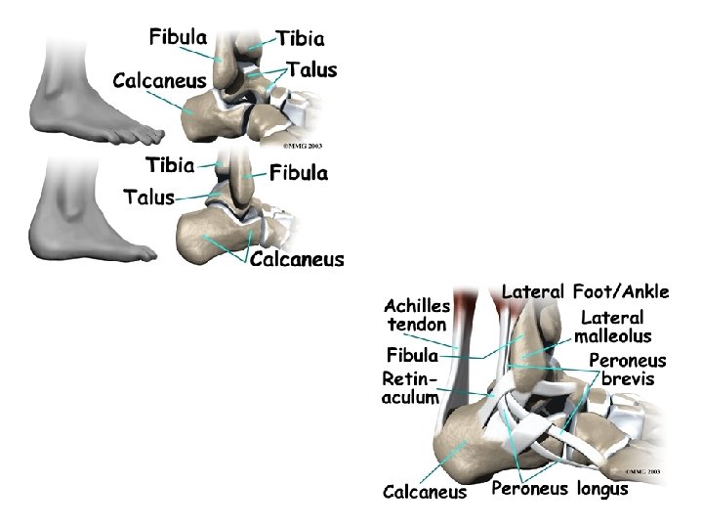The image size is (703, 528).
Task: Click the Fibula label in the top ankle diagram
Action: (x=178, y=38)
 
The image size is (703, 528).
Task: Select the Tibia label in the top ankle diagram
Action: (x=300, y=39)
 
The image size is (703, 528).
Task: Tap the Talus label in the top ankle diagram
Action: (x=311, y=70)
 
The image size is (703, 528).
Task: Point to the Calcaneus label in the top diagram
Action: (x=159, y=80)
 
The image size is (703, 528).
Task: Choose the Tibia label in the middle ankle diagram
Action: (x=170, y=164)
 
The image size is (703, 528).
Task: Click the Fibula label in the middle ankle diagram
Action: (x=299, y=173)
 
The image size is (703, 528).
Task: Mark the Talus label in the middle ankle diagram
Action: (x=148, y=197)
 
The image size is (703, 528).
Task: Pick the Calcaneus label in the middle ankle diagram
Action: (x=297, y=259)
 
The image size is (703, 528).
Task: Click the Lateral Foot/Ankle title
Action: (x=585, y=291)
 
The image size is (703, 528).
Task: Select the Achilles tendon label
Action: (x=418, y=315)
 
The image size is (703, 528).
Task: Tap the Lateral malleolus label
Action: (x=612, y=327)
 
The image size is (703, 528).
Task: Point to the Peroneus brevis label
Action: (x=627, y=370)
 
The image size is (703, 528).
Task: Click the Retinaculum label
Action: (x=410, y=387)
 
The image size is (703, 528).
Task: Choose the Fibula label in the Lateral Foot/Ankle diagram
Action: (x=412, y=354)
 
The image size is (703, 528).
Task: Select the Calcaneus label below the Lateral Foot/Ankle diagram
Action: (x=425, y=492)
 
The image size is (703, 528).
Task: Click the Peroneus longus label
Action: (x=559, y=489)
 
